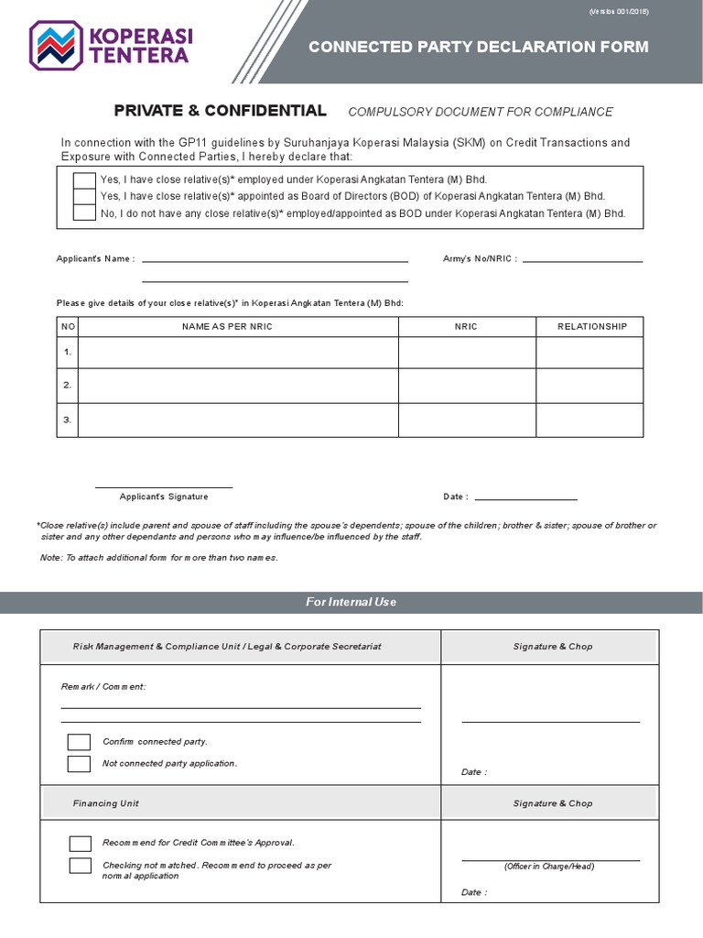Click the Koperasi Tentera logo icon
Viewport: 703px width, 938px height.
coord(57,45)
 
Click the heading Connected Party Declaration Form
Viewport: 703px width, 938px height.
coord(478,47)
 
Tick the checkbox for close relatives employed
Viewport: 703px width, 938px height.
coord(84,180)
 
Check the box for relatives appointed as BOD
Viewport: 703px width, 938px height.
coord(84,196)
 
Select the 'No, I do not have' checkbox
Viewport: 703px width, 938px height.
coord(84,213)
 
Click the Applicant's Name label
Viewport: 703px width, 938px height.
coord(95,259)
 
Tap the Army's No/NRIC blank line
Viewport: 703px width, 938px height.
coord(581,260)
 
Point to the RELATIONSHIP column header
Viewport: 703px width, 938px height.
coord(592,327)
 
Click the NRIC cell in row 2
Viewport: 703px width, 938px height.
coord(467,386)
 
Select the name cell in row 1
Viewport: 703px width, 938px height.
coord(239,352)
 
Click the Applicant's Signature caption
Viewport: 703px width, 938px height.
coord(164,496)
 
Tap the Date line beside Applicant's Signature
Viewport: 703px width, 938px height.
coord(525,497)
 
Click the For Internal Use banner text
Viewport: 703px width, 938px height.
coord(351,602)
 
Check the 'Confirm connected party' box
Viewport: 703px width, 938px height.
coord(79,742)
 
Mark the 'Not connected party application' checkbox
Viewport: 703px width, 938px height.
coord(79,764)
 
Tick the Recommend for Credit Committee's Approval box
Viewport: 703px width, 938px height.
coord(81,844)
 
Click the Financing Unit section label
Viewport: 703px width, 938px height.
coord(106,803)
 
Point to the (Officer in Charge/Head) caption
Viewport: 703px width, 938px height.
coord(549,867)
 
